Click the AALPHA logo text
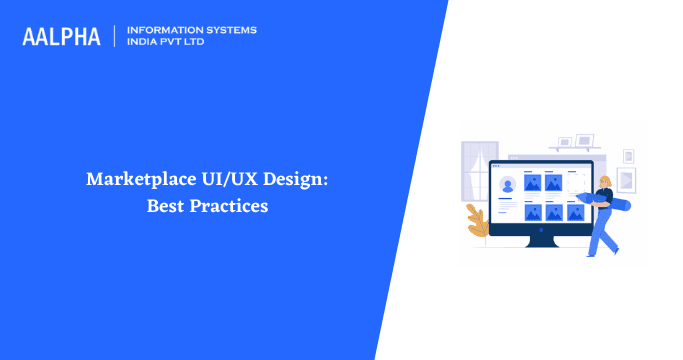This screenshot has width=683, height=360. pos(61,36)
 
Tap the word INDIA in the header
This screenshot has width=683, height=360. pos(144,43)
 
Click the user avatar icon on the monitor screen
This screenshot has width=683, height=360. pos(507,184)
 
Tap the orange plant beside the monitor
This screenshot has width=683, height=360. pos(476,219)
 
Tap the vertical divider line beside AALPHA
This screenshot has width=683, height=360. pos(116,36)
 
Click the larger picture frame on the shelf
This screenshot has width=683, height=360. pos(585,140)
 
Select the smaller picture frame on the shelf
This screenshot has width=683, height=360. pos(565,143)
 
